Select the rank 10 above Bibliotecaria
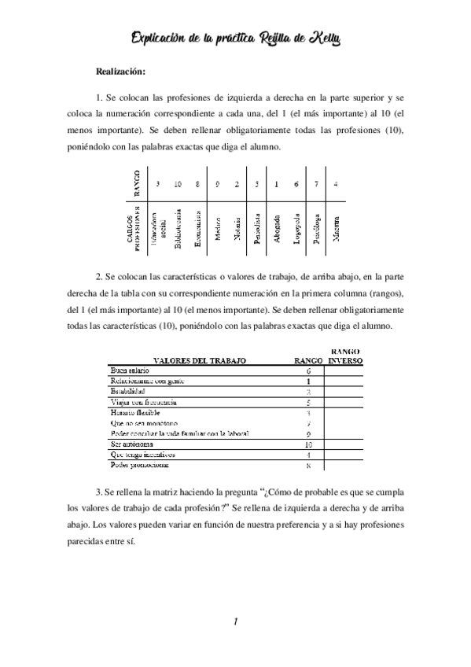[x=178, y=184]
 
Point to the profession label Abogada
[x=277, y=227]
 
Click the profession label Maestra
[x=336, y=227]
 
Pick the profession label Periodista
[x=257, y=227]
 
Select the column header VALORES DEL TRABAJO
[x=200, y=360]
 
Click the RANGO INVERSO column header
[x=345, y=356]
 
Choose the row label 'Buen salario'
[x=130, y=370]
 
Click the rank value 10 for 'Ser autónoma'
[x=308, y=444]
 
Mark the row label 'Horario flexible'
[x=136, y=412]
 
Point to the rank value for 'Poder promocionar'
[x=308, y=466]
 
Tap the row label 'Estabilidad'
[x=128, y=391]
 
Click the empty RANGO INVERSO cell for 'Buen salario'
[x=345, y=370]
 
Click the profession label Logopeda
[x=296, y=227]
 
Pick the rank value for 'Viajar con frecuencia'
[x=308, y=402]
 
